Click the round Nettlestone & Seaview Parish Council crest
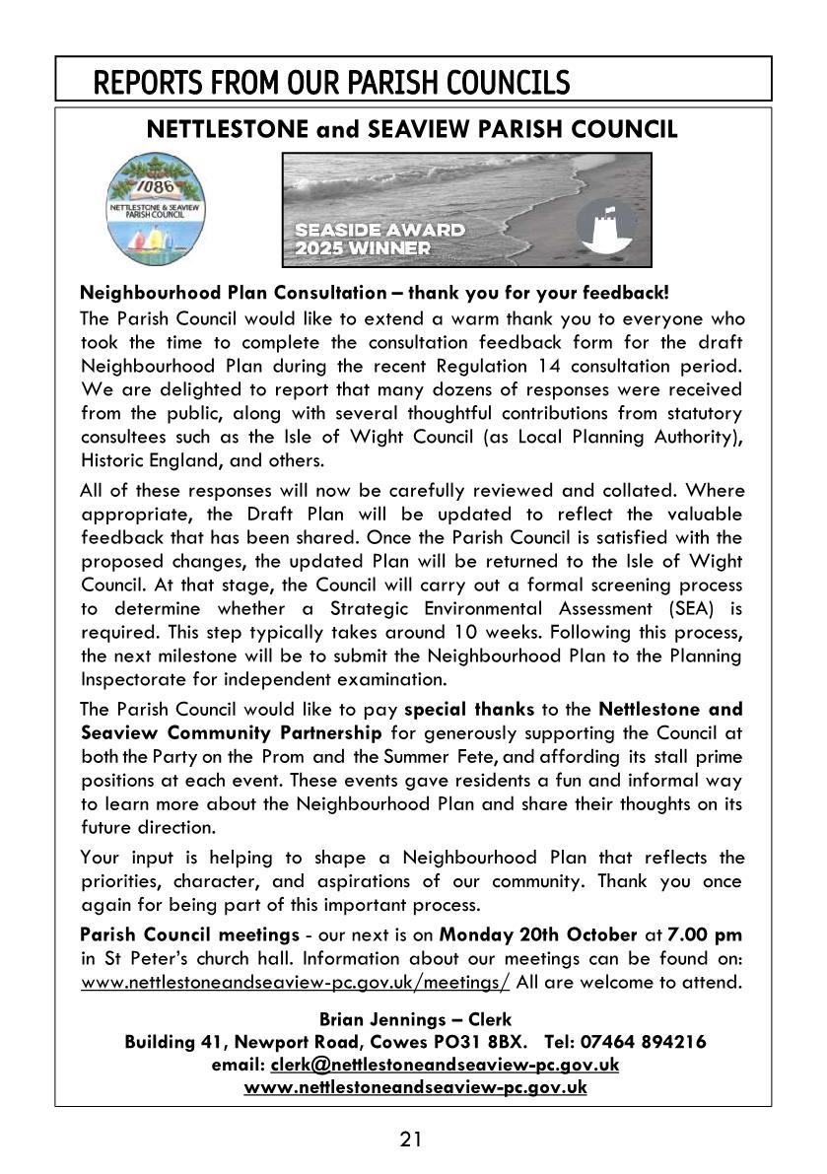point(154,208)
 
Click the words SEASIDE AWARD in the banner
point(379,230)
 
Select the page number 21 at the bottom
point(412,1139)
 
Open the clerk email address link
point(445,1065)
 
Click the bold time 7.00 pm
point(705,933)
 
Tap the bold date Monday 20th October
point(524,933)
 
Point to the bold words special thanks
point(469,709)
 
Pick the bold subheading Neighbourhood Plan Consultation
point(233,293)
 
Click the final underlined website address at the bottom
point(415,1087)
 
